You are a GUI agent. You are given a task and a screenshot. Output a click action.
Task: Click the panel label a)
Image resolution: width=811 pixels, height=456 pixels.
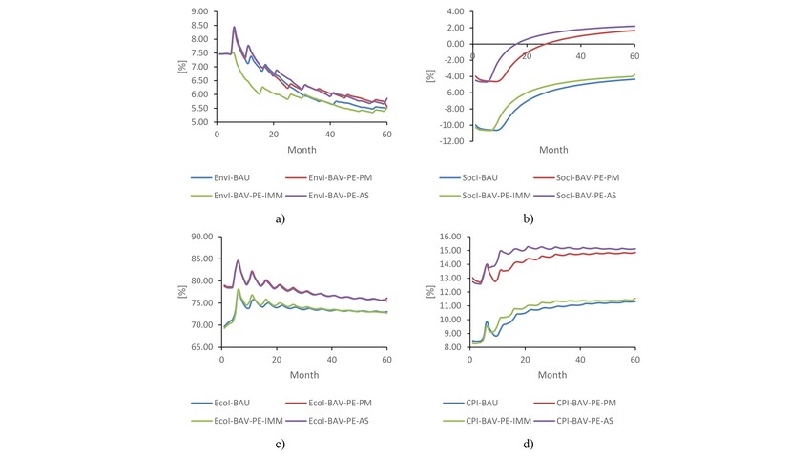(280, 218)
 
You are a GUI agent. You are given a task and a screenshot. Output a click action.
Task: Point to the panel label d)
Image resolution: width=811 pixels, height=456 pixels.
(527, 444)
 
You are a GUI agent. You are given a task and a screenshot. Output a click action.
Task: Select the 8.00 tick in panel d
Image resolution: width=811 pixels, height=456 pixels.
(450, 348)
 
